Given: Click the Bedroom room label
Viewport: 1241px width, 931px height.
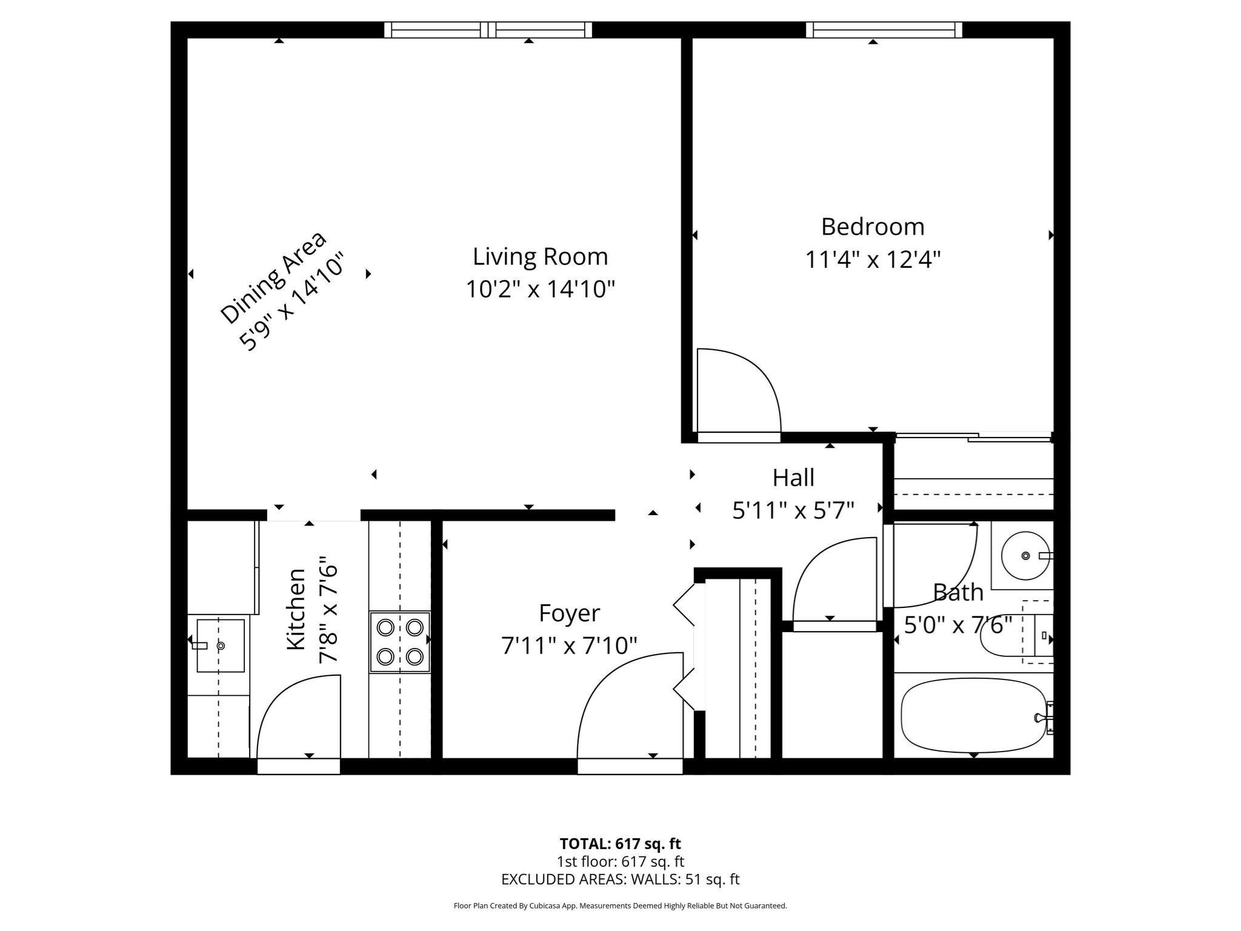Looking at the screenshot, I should (x=872, y=227).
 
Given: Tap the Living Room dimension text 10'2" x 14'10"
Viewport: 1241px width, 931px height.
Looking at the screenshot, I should (x=540, y=289).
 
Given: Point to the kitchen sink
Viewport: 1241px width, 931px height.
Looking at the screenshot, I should (x=220, y=646).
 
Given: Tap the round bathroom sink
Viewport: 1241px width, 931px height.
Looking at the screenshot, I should (x=1025, y=555).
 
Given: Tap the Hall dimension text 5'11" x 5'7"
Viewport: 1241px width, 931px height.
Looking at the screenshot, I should (x=793, y=510).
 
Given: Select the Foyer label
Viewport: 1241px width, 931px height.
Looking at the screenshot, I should (x=569, y=613).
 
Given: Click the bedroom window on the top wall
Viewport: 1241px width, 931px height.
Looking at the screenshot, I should (x=884, y=29).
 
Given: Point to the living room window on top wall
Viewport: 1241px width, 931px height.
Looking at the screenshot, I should (x=488, y=29).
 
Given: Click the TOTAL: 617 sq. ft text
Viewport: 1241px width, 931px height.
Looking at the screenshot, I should (x=620, y=844).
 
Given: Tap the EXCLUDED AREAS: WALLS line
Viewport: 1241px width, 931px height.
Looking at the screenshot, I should (x=620, y=879).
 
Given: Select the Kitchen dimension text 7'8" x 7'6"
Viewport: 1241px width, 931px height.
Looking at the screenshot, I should (x=328, y=611).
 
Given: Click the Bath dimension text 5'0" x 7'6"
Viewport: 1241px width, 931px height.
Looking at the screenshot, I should (x=958, y=624).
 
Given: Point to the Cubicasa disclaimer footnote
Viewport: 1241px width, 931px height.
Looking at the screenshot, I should (x=620, y=906).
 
